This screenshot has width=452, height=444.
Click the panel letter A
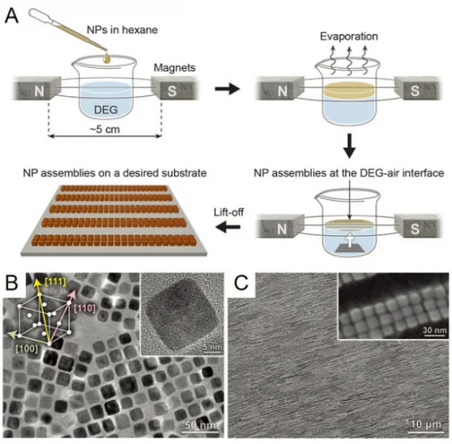pos(12,16)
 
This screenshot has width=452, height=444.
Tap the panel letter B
pos(12,283)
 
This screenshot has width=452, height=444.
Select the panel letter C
pos(241,283)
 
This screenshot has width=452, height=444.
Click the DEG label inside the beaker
pos(106,109)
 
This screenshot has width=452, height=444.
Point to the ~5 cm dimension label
pos(104,129)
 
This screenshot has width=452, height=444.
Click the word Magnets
pos(174,68)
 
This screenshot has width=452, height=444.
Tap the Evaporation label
pos(349,36)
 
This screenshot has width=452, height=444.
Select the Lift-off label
pos(229,212)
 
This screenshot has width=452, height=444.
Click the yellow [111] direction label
pos(56,282)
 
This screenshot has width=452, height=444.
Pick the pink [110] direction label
pos(85,308)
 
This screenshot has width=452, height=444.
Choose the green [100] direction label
pos(27,349)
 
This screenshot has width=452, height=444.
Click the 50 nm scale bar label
pos(201,425)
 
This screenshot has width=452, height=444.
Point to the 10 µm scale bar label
pos(426,424)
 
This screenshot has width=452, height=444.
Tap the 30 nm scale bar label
pos(435,330)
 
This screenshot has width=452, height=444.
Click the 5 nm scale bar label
pos(212,347)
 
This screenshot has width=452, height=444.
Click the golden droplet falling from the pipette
pos(107,58)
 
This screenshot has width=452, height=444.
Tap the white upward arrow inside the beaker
pos(349,240)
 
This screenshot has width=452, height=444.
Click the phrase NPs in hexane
pos(122,30)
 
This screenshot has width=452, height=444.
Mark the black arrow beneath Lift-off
pos(228,227)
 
